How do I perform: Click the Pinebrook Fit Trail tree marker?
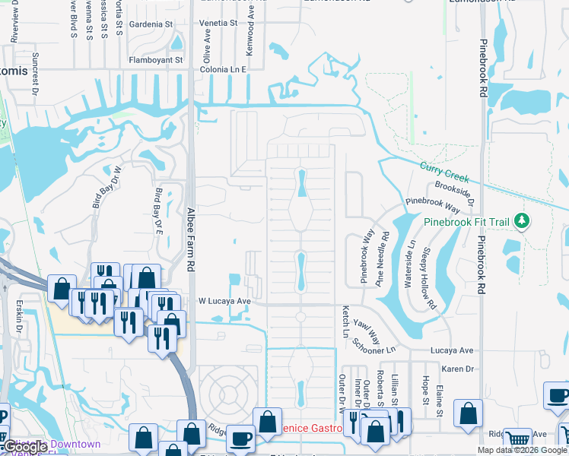click(x=522, y=221)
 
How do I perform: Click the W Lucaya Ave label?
click(x=224, y=301)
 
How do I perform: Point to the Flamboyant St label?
click(x=155, y=59)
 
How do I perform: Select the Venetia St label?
click(x=218, y=23)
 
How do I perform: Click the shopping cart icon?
click(x=518, y=439)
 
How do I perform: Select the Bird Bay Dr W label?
click(x=106, y=187)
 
